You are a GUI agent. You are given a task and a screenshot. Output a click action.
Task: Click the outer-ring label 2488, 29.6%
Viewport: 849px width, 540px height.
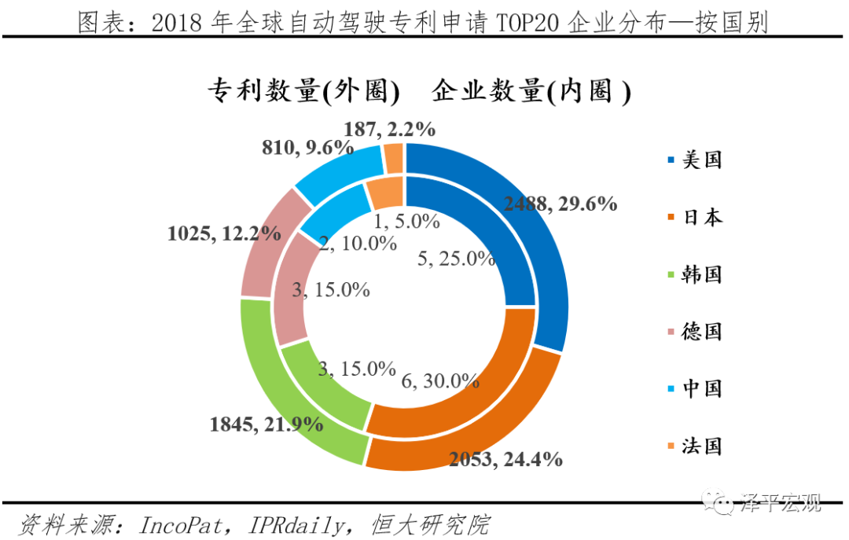(560, 204)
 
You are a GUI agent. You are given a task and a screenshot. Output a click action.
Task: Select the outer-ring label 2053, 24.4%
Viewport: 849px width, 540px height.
(505, 459)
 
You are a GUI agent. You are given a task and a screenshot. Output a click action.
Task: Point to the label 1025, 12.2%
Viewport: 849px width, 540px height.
(224, 233)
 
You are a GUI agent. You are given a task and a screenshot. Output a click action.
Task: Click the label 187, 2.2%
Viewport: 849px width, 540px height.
(390, 129)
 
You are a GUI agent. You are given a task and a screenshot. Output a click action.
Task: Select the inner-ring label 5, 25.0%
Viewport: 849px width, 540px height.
(456, 258)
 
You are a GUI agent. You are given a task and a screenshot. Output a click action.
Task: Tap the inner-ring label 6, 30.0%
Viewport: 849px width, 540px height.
(439, 380)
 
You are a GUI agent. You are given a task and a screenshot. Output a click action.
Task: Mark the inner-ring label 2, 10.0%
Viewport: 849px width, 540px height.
(358, 243)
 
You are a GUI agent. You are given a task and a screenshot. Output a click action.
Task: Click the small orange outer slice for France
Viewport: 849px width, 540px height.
(394, 159)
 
